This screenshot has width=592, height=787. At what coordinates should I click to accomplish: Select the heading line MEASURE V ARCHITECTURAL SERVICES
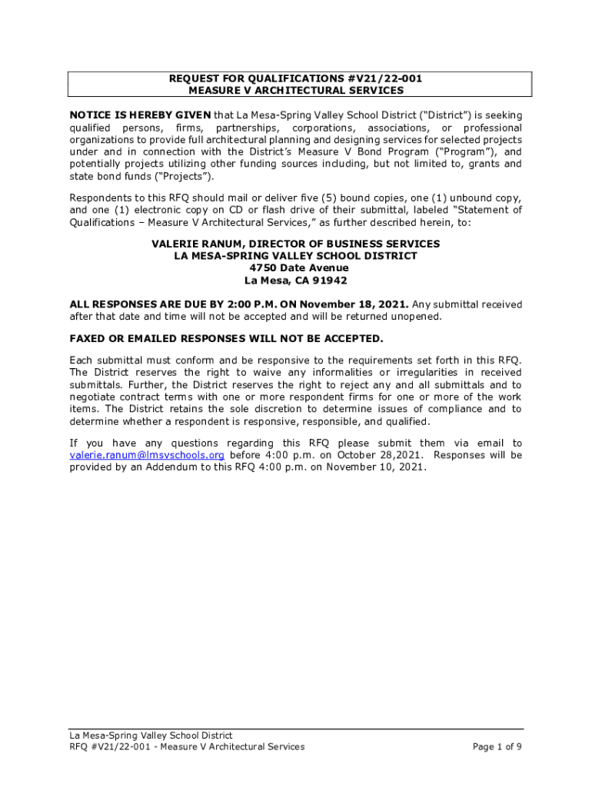pyautogui.click(x=296, y=91)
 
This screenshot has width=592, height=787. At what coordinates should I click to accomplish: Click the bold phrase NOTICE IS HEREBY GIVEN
pyautogui.click(x=140, y=115)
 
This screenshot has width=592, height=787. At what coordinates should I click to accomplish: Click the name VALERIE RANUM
pyautogui.click(x=195, y=244)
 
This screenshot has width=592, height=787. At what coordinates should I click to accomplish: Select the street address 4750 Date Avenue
pyautogui.click(x=298, y=268)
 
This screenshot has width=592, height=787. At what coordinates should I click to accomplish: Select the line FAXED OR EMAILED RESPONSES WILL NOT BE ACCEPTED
pyautogui.click(x=226, y=339)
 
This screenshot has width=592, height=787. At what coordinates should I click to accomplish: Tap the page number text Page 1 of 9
pyautogui.click(x=497, y=746)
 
